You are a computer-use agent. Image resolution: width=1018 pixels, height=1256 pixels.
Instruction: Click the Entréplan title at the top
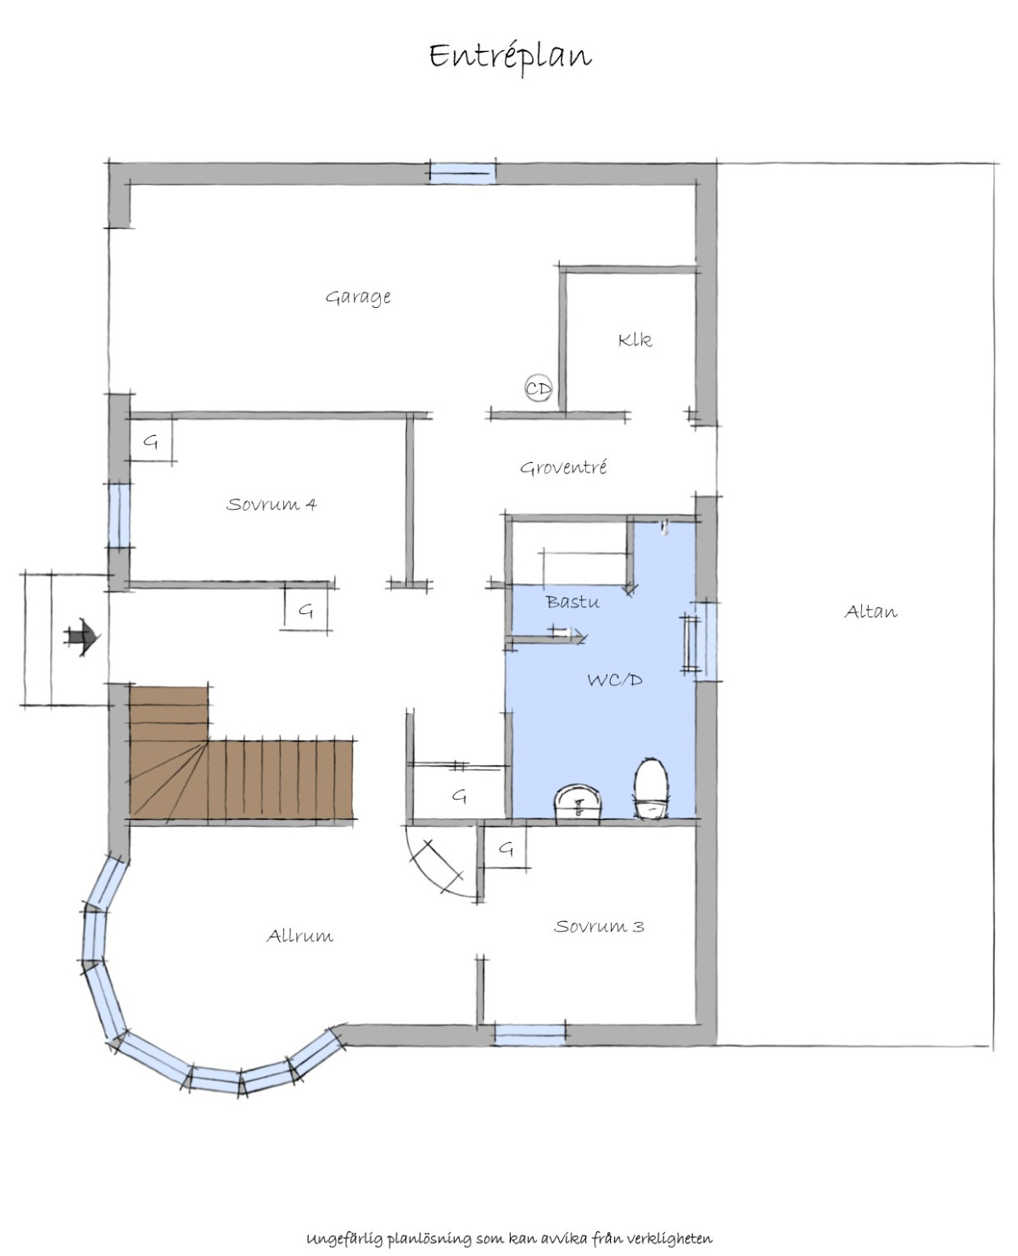510,58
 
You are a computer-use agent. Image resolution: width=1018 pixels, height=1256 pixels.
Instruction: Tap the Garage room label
358,297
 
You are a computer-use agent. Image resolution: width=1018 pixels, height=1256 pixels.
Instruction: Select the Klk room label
635,340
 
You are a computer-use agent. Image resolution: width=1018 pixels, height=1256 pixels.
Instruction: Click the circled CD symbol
539,388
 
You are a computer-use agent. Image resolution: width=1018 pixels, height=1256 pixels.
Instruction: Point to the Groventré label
563,467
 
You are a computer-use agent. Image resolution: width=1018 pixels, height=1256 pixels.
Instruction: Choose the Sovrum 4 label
272,504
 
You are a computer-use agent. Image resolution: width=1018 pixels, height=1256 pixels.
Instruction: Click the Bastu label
572,602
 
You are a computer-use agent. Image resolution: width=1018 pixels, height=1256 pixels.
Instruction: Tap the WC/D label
614,680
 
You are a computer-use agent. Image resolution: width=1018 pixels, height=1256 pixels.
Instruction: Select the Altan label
870,611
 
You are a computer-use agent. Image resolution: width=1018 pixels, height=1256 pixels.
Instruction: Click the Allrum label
299,935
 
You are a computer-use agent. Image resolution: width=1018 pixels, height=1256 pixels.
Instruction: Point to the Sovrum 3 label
599,926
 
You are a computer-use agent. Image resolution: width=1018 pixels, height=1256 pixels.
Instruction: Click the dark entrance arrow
81,637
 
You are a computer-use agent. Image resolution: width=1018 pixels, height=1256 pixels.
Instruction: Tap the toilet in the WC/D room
652,788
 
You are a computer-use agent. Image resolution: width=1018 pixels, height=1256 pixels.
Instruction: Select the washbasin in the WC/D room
579,802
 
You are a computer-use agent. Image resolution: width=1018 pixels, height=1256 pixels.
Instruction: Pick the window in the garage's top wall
462,173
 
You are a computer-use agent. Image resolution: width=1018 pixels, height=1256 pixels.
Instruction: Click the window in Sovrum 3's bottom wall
529,1035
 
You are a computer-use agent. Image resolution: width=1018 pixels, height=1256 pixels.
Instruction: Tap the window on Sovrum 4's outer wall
119,515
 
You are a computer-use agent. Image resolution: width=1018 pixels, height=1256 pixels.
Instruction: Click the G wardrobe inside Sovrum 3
505,849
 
